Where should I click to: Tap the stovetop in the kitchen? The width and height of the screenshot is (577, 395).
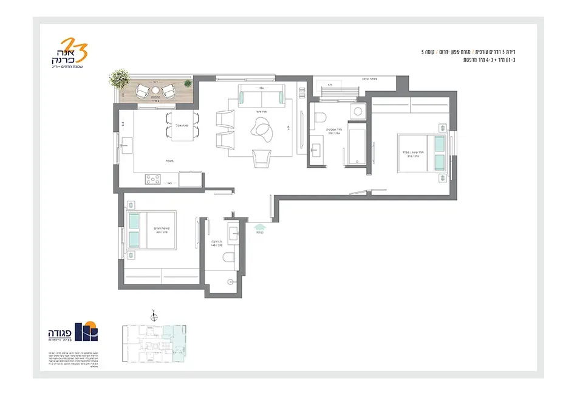[153, 179]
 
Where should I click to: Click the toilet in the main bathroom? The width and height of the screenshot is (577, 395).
[322, 116]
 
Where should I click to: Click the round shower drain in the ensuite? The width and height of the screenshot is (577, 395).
[230, 281]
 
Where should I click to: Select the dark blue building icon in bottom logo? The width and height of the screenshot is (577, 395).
[90, 331]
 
